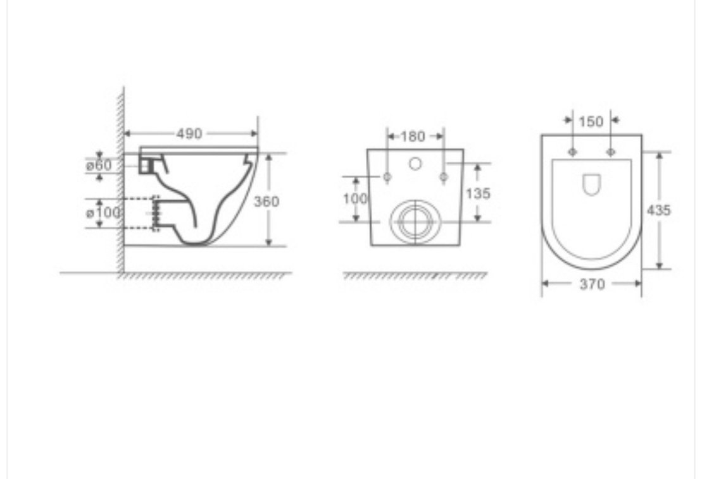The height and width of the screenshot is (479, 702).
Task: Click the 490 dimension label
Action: (189, 133)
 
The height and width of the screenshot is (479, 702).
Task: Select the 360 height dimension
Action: (266, 202)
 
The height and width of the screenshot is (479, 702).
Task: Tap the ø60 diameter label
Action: (99, 166)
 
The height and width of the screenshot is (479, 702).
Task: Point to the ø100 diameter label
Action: (103, 212)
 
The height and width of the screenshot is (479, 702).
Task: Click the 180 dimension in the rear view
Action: (412, 136)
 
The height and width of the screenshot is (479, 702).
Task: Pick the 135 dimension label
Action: (478, 193)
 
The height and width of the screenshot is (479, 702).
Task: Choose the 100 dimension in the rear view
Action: (355, 198)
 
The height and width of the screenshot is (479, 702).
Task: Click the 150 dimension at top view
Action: (591, 121)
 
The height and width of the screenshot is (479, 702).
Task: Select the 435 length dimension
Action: (658, 210)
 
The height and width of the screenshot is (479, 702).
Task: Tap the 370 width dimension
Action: (592, 284)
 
